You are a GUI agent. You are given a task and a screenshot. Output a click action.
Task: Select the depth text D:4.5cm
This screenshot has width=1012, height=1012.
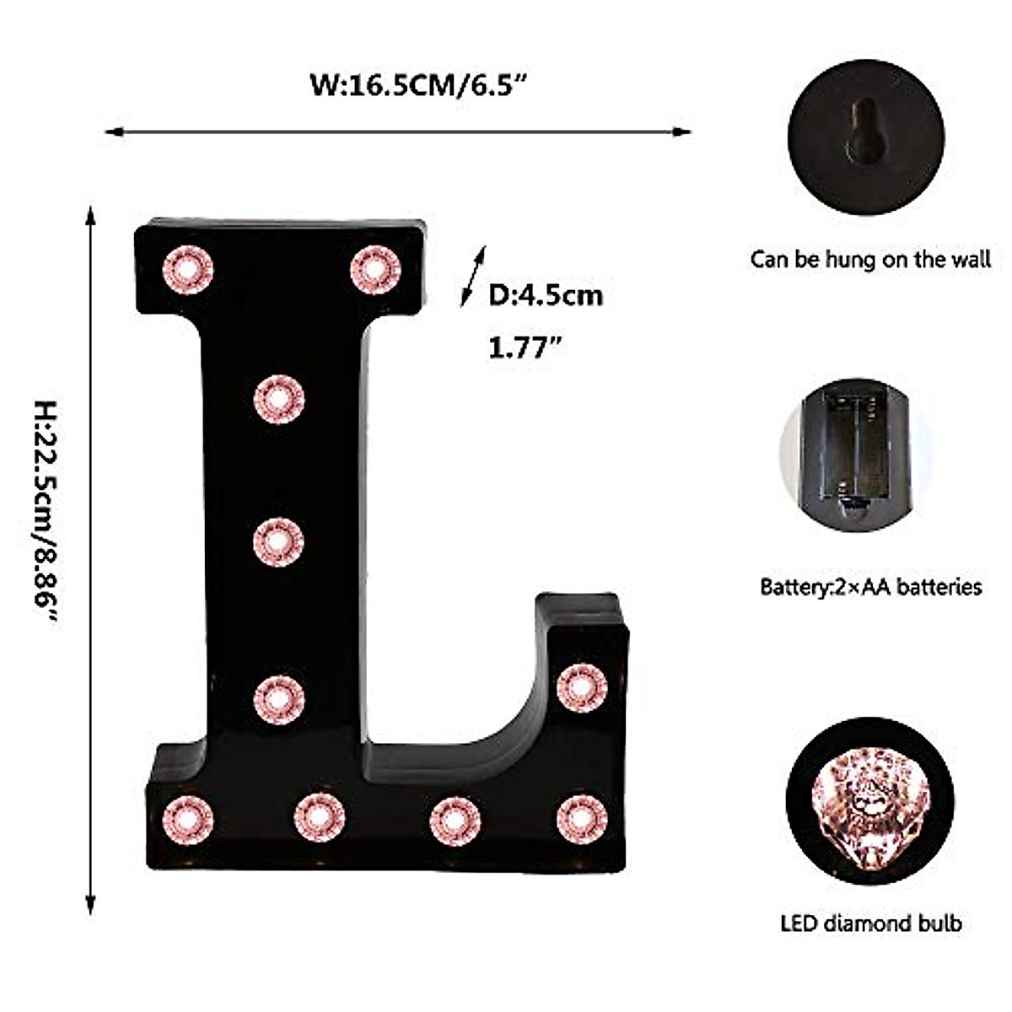click(x=546, y=295)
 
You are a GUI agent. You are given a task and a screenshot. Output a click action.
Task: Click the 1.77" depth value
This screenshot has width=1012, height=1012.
click(x=525, y=348)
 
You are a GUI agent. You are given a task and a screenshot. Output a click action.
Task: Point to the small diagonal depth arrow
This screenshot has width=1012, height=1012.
click(x=472, y=276)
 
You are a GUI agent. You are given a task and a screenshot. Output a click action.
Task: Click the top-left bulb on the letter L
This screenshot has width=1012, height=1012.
click(x=187, y=269)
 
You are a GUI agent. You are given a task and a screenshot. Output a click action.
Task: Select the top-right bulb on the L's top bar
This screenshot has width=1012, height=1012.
click(x=375, y=269)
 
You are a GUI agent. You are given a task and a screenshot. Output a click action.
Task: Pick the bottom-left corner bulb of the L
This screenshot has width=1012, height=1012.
click(x=187, y=819)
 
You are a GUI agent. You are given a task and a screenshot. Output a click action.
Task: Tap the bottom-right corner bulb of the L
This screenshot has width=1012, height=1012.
click(x=582, y=819)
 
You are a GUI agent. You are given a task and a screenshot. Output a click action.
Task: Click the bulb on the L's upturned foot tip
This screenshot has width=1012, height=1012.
click(x=582, y=686)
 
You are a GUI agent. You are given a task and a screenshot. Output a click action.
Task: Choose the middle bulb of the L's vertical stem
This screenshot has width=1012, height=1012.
click(x=278, y=541)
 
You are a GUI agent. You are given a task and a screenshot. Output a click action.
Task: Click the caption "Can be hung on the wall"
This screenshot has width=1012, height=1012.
click(x=870, y=260)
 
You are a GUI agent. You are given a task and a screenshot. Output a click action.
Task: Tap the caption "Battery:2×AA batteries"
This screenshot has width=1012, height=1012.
click(x=870, y=586)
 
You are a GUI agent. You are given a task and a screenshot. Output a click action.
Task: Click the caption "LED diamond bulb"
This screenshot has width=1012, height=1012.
click(x=870, y=923)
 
